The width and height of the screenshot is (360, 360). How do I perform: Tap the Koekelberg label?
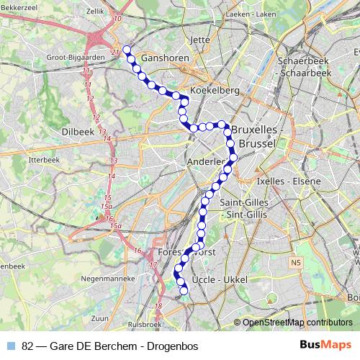pyautogui.click(x=210, y=91)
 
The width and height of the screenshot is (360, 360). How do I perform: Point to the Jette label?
pyautogui.click(x=200, y=40)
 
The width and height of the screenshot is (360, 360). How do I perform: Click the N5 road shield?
pyautogui.click(x=296, y=263)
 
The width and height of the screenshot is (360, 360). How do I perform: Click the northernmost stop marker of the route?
pyautogui.click(x=127, y=50)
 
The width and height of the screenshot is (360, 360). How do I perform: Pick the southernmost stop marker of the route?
pyautogui.click(x=184, y=290)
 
